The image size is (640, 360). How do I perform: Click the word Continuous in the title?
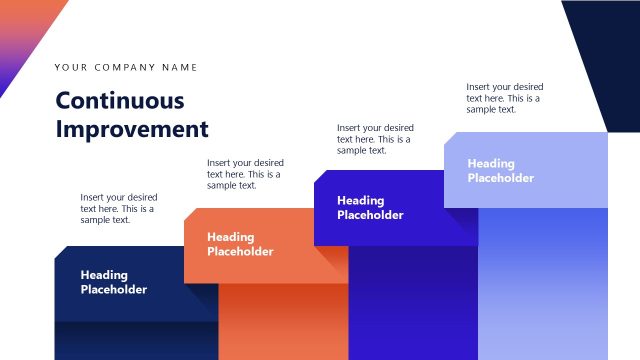tap(120, 101)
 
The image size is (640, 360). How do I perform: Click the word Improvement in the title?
tap(132, 129)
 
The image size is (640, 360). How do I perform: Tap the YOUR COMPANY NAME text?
tap(126, 68)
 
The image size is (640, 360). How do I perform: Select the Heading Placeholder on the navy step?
tap(113, 282)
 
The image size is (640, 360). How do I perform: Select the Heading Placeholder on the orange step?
tap(240, 244)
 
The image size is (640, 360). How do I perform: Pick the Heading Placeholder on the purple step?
tap(370, 207)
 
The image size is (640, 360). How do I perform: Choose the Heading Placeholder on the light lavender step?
tap(500, 171)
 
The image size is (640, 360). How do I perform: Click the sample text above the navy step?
tap(119, 208)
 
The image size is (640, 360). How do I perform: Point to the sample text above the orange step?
tap(245, 173)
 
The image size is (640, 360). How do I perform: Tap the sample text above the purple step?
tap(375, 139)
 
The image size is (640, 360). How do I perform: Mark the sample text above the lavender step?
tap(505, 98)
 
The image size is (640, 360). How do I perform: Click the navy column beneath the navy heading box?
tap(135, 341)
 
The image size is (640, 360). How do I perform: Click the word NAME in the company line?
tap(181, 68)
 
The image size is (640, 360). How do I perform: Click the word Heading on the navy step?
tap(104, 275)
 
